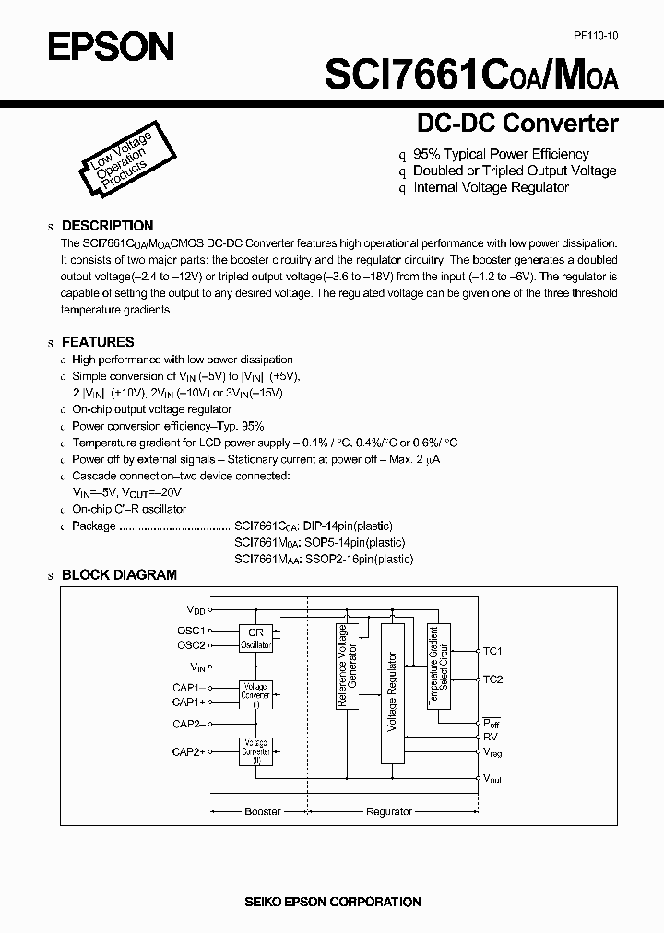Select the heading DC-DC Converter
(517, 123)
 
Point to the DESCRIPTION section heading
(107, 226)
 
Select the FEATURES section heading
(98, 341)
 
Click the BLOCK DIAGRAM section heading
(118, 574)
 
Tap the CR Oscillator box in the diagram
(256, 639)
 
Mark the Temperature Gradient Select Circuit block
(438, 666)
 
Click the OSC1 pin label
(191, 631)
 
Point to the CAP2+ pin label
(188, 752)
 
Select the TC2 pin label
(492, 679)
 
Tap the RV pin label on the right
(490, 737)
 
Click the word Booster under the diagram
(261, 811)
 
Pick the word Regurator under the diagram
(389, 811)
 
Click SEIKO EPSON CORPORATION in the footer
(332, 902)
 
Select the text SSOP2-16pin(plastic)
(364, 559)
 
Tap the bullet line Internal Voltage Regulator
(491, 187)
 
